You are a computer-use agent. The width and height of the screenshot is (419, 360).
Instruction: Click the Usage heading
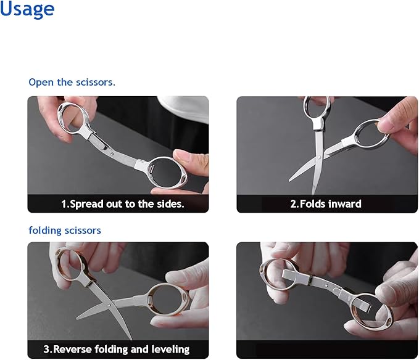27,9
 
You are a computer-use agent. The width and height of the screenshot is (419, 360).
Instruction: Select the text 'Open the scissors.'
72,82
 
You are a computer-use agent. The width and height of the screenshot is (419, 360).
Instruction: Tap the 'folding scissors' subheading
65,230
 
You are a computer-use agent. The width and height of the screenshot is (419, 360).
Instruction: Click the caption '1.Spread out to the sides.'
122,204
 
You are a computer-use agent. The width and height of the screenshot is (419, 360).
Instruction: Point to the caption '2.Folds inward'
326,204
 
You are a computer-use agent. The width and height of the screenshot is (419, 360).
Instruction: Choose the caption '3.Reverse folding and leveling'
116,350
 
